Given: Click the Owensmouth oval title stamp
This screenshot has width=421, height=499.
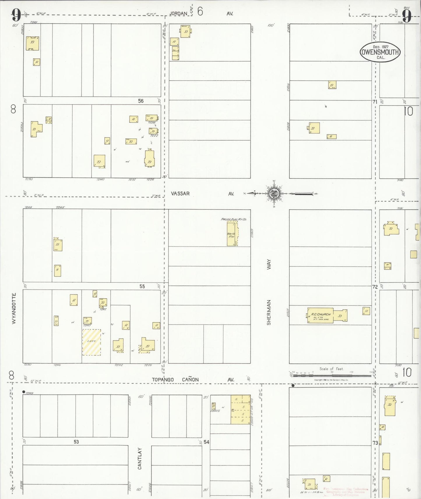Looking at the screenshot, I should point(380,52).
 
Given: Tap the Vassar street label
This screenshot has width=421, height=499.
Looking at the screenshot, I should point(180,194).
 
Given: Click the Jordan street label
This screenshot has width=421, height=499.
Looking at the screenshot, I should point(178,13).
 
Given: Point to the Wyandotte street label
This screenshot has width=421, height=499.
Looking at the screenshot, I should point(14,308).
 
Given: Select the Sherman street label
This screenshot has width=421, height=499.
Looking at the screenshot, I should point(269,312).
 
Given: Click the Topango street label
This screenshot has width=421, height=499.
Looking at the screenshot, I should point(163,380).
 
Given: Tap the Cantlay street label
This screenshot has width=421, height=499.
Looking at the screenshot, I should point(140,459).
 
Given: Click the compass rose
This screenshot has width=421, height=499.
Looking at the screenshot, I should point(274,193).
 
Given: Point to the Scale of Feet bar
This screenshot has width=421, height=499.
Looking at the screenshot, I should point(332,375).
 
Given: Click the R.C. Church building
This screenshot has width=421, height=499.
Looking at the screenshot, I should point(320,316).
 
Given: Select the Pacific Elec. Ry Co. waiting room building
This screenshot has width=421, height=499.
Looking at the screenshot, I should point(232,233).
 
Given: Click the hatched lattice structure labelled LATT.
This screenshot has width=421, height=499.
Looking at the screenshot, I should point(91,342).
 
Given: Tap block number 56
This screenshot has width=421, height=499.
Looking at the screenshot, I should point(141,101).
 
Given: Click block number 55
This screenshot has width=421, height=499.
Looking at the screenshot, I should point(142,286).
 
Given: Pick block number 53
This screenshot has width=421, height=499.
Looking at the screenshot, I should point(76,442).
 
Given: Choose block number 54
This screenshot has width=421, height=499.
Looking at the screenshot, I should point(206,442).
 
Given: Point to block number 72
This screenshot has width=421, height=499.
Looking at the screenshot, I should point(375,287).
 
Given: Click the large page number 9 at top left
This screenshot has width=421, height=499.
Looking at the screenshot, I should point(16,15).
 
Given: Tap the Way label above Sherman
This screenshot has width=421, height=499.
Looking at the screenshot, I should point(269,264).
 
